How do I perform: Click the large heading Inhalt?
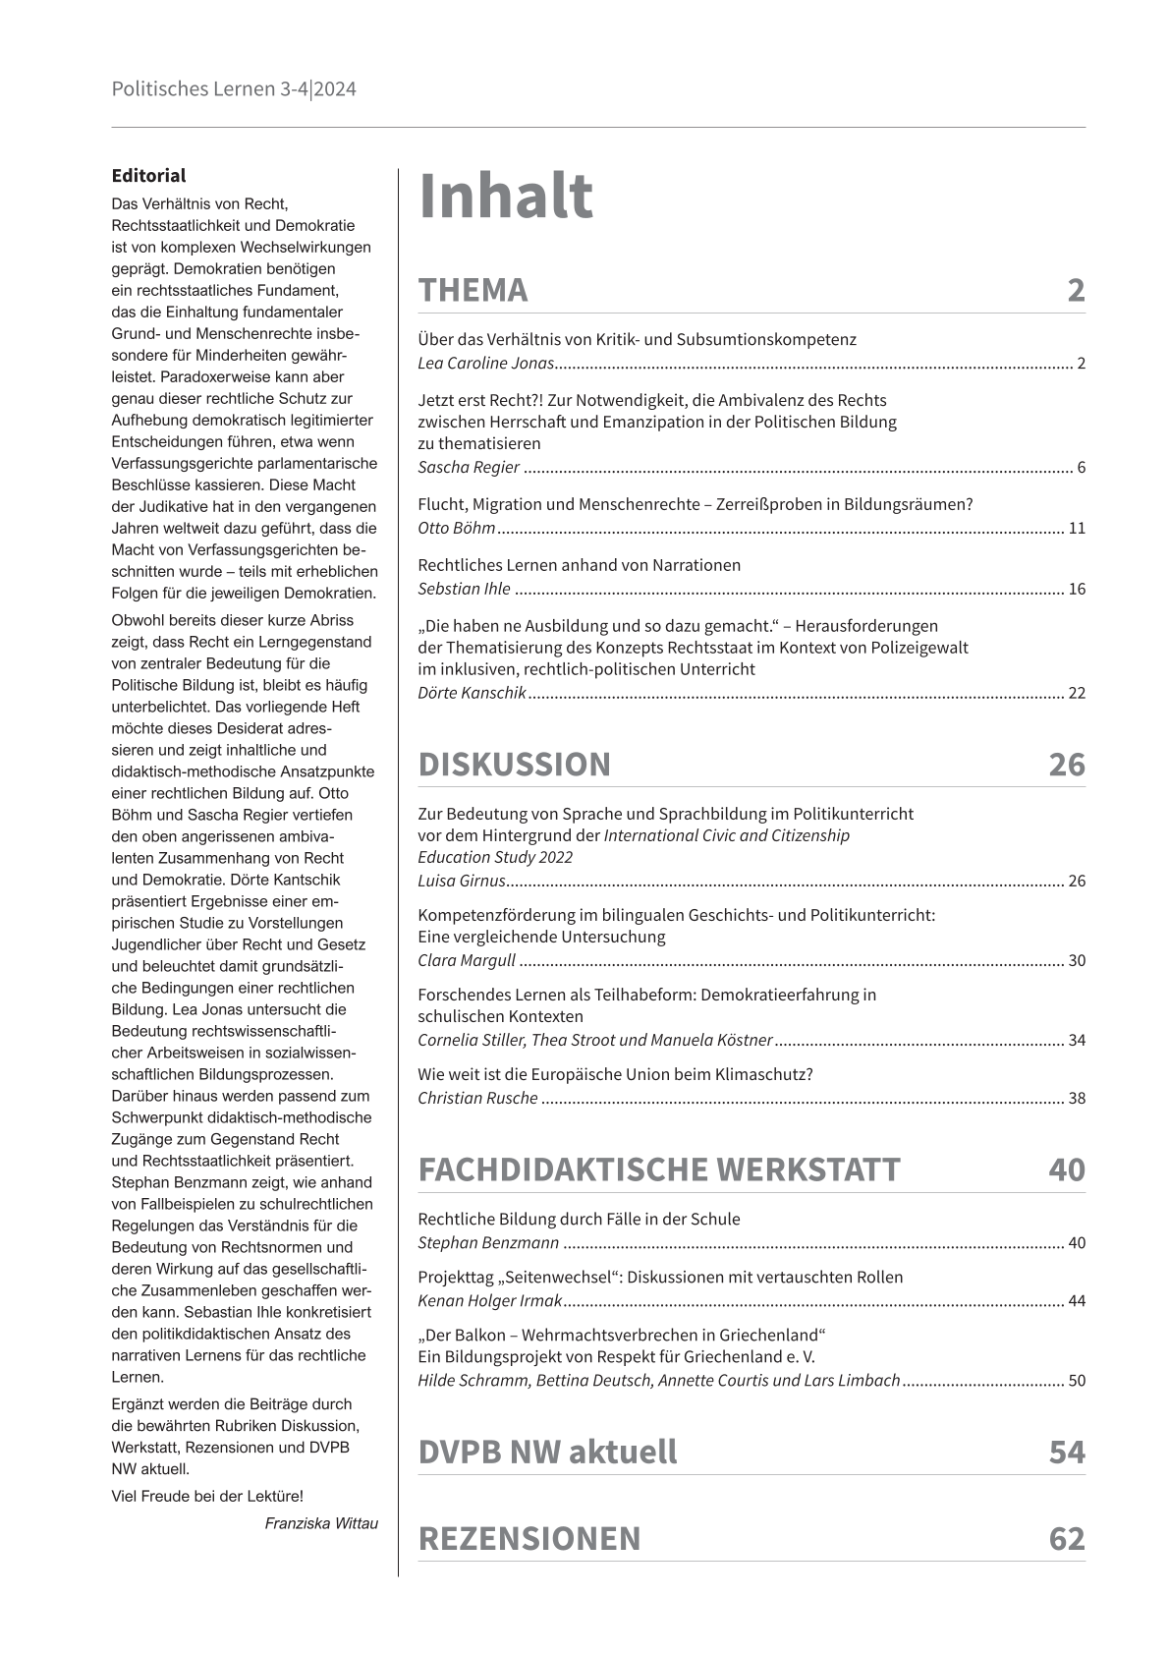[505, 197]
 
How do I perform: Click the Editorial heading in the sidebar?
[148, 176]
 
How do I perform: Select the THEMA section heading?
[473, 291]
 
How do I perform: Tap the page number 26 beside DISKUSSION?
[1066, 765]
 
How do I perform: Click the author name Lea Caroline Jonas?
[486, 364]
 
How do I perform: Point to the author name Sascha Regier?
[469, 468]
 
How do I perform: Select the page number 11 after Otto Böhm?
[1077, 529]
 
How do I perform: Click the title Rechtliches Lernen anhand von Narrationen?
[579, 565]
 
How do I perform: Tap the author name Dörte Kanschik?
[473, 694]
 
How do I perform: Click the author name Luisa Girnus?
[462, 882]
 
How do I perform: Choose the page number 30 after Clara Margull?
[1077, 961]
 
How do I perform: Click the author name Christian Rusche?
[477, 1099]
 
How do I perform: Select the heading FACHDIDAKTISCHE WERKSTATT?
[658, 1170]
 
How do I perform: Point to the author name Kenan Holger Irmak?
[489, 1301]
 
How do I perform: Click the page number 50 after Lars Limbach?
[1077, 1381]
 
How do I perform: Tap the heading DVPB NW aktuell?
[547, 1453]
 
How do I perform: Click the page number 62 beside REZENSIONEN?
[1066, 1539]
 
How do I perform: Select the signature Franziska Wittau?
[321, 1523]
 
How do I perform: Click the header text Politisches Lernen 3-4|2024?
[234, 89]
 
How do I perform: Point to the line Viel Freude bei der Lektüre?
[207, 1497]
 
